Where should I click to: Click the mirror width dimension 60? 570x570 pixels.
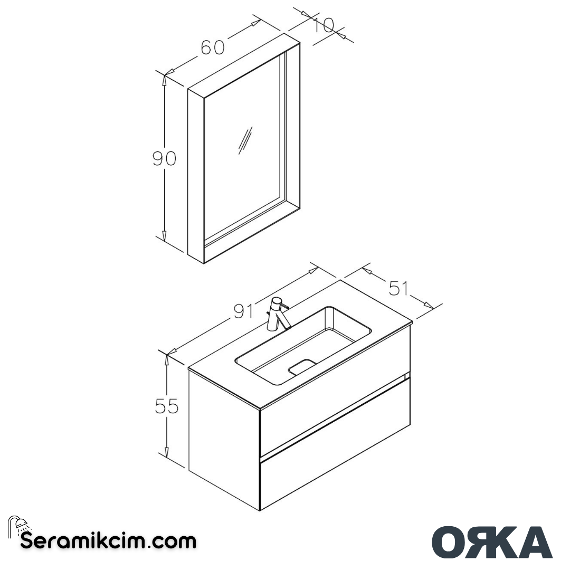pos(213,47)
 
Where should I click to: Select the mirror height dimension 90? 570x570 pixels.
pos(164,158)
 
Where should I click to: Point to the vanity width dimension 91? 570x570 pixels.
pos(244,311)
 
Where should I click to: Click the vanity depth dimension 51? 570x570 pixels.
pos(398,288)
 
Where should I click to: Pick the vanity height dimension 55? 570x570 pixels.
pos(167,406)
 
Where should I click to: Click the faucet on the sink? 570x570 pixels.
pos(277,315)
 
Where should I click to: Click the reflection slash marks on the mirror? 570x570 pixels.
pos(245,140)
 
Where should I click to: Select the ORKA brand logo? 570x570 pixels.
pos(492,542)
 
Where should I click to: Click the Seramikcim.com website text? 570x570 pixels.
pos(108,541)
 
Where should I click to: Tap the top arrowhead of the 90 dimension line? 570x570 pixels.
pos(165,80)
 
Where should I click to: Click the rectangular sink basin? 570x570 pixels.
pos(305,343)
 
